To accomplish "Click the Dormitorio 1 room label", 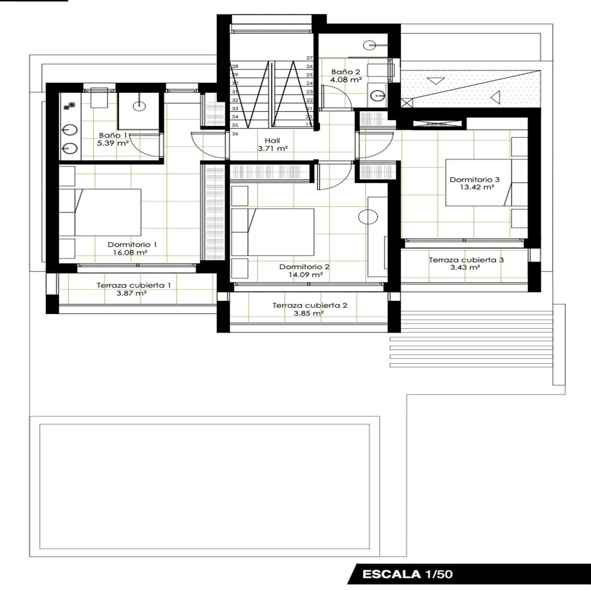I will tap(132, 244).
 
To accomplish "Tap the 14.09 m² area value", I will tap(305, 275).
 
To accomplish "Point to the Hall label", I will tap(272, 140).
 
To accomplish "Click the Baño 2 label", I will tap(345, 72).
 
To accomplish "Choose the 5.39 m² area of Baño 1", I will tap(113, 143).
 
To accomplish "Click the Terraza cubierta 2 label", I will tap(309, 305).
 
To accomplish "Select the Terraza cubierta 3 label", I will tap(466, 260).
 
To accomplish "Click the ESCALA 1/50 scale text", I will tap(407, 574).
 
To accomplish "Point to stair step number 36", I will tap(235, 133).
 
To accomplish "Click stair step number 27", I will tap(309, 58).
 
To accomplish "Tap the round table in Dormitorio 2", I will tap(368, 217).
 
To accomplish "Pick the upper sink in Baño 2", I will tap(370, 46).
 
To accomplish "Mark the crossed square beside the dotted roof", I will tap(406, 103).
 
